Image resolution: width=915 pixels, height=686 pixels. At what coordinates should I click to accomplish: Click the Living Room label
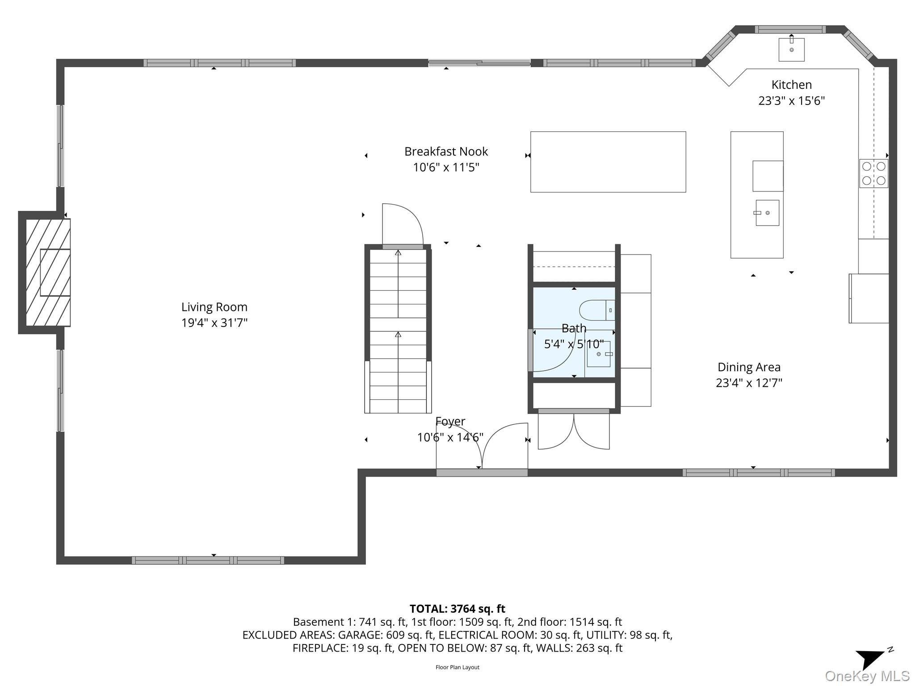tap(214, 307)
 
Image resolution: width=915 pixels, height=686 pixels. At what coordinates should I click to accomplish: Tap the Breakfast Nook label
tap(446, 152)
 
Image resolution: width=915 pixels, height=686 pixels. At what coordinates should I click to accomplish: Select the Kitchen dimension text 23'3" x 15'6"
tap(791, 101)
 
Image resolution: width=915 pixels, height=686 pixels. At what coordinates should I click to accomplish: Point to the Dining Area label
tap(749, 367)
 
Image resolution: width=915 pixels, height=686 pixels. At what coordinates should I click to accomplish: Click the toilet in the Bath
tap(597, 310)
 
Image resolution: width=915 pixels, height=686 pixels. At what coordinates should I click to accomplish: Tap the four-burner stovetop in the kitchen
tap(873, 173)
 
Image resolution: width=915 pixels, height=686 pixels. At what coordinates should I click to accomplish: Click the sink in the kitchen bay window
tap(791, 49)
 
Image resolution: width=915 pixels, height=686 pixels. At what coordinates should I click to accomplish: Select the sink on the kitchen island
tap(767, 213)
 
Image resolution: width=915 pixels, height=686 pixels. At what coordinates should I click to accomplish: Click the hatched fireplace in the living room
tap(48, 272)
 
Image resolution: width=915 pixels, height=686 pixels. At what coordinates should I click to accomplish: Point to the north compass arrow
tap(870, 658)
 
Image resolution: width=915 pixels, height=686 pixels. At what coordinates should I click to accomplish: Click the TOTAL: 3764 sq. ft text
tap(457, 609)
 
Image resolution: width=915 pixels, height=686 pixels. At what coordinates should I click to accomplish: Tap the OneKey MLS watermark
tap(867, 676)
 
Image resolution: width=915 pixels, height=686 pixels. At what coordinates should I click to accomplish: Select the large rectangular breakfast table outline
tap(608, 162)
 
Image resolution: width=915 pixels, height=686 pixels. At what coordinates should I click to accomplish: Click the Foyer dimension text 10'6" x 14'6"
tap(450, 437)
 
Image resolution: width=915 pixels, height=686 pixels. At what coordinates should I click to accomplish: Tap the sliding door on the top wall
tap(479, 63)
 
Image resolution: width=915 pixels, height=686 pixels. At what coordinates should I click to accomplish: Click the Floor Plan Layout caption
tap(457, 667)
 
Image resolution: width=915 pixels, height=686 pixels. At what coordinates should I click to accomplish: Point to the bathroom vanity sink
tap(599, 354)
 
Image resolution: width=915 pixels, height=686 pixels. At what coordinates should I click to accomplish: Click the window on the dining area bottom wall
tap(759, 473)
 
